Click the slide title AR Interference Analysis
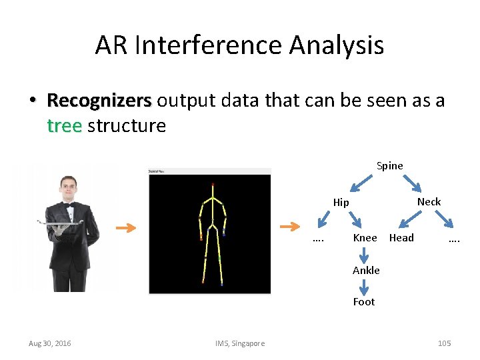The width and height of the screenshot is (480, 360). [239, 45]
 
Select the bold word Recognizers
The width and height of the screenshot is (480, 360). [99, 101]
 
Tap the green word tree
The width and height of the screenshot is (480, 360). [64, 125]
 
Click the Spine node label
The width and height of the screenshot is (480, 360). [389, 165]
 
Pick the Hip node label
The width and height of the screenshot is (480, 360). [341, 202]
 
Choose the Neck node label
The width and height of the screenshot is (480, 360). [429, 201]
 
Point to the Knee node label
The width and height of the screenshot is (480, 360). [365, 238]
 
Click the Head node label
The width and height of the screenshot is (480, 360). [401, 238]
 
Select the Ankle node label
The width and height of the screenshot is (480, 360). [366, 270]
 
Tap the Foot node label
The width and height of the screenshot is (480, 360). [364, 301]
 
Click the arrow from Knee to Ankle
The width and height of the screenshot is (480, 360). [365, 254]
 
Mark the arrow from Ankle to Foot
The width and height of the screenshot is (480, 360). [365, 286]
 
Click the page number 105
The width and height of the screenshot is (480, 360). [444, 343]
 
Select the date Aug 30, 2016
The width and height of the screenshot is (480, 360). [50, 343]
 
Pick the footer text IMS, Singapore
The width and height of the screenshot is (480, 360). [239, 343]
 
